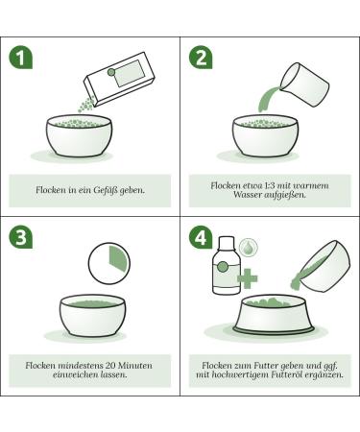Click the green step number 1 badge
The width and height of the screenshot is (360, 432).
point(21,58)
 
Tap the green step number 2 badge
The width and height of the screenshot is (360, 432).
point(201,58)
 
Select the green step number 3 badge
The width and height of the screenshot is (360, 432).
point(21,237)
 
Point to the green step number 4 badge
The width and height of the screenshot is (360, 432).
point(201,237)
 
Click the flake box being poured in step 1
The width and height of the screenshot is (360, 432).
point(119,79)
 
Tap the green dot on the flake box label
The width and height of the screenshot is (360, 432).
point(111,72)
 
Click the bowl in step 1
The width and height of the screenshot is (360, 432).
point(79,135)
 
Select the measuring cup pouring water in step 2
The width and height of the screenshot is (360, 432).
point(304,84)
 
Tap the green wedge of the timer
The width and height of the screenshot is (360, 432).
point(119,258)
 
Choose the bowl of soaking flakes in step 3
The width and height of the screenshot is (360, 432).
point(93,316)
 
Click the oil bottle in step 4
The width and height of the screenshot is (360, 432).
point(227,265)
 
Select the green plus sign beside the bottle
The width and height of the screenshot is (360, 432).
point(248,277)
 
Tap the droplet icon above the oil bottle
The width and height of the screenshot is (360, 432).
point(249,247)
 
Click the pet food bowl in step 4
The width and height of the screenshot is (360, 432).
point(274,313)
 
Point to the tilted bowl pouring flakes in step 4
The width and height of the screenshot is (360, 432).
point(322,267)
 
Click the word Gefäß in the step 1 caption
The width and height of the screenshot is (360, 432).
point(106,190)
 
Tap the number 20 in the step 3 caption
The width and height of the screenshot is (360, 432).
point(111,365)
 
